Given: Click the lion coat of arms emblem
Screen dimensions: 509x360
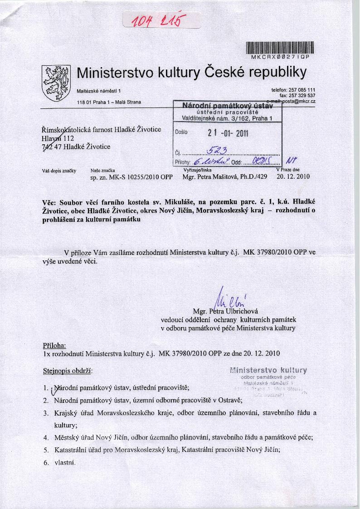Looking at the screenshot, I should [55, 82].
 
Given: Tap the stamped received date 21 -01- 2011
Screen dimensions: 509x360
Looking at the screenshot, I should [228, 133].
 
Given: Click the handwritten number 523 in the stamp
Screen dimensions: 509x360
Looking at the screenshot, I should [217, 151].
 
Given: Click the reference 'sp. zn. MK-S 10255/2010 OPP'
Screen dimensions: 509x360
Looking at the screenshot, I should [132, 177].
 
